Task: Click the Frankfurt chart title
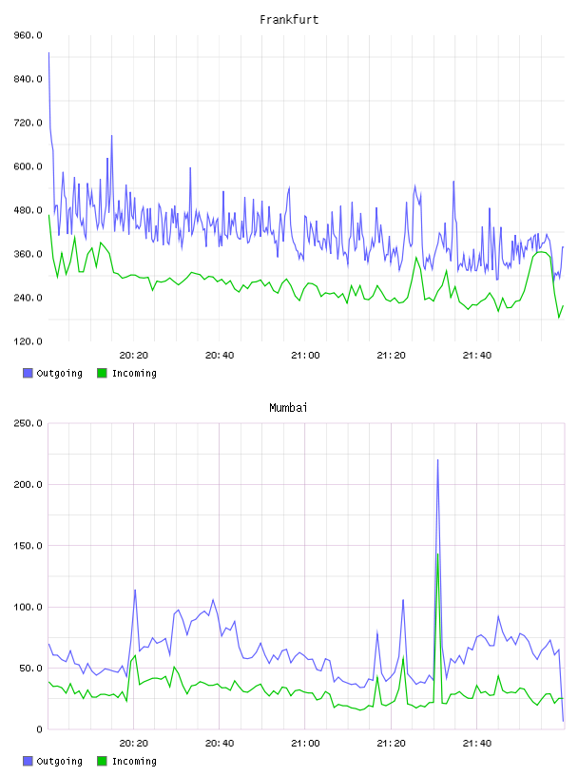[x=289, y=19]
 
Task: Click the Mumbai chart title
[x=288, y=407]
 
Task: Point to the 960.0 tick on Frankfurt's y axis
[x=28, y=35]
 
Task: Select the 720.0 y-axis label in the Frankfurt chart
[x=28, y=123]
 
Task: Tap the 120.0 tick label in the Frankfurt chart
[x=28, y=341]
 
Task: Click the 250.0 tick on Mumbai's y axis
[x=28, y=423]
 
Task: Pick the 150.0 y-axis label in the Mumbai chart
[x=28, y=546]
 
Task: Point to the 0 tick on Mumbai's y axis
[x=39, y=729]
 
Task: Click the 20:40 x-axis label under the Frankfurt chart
[x=220, y=356]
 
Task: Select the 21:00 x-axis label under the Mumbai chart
[x=305, y=744]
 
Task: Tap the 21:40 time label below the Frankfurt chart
[x=477, y=356]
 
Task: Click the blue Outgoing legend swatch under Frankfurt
[x=28, y=373]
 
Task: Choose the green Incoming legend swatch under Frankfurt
[x=102, y=373]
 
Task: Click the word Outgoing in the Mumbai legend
[x=59, y=761]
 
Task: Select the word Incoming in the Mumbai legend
[x=134, y=761]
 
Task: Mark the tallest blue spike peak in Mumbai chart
[x=437, y=460]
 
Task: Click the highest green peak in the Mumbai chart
[x=437, y=554]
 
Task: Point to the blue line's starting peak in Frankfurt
[x=48, y=52]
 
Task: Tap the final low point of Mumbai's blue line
[x=563, y=721]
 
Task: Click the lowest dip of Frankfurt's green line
[x=559, y=318]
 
